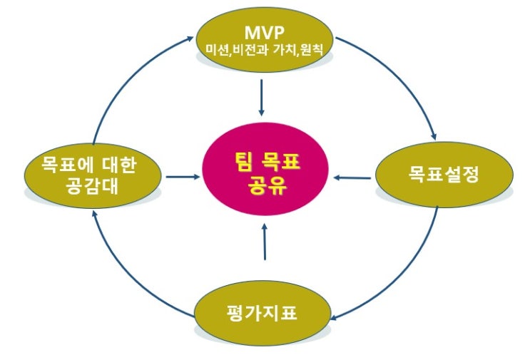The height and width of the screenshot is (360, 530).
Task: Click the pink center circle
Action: coord(264,175)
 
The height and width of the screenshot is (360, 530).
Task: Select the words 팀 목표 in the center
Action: coord(265,163)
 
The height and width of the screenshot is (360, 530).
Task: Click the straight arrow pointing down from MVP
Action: coord(262,97)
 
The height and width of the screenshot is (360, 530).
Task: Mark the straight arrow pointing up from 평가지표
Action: coord(264,242)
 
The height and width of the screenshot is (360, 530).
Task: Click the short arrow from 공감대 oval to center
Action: coord(182,175)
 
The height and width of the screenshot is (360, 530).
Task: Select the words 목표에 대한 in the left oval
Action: coord(89,164)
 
